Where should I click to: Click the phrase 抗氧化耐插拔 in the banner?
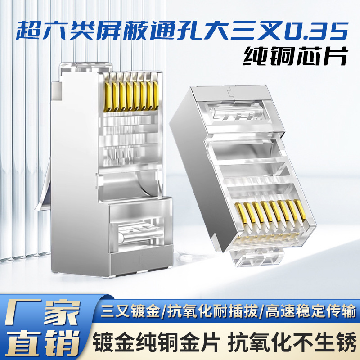pos(211,310)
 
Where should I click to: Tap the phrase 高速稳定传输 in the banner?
pos(310,310)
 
